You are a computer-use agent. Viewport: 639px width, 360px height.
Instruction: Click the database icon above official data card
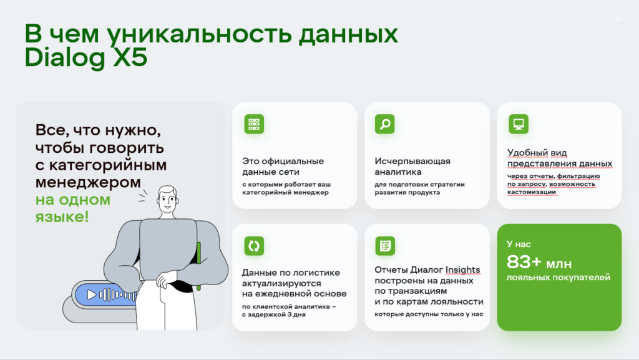coord(254,124)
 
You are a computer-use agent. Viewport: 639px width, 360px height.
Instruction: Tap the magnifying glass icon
coord(384,124)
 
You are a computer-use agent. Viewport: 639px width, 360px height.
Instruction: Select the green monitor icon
coord(519,124)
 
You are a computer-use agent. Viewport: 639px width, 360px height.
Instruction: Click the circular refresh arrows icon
coord(254,246)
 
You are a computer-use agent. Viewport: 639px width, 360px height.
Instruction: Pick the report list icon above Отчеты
coord(384,246)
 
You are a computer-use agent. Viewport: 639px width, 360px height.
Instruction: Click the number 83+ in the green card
coord(524,262)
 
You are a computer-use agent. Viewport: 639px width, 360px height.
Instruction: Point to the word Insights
coord(462,270)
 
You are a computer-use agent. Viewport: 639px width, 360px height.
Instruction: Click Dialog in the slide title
coord(65,58)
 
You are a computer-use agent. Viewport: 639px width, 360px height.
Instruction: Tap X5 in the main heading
coord(130,57)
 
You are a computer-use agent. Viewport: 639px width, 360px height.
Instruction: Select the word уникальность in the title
coord(199,34)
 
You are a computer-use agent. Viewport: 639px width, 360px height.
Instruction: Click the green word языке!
coord(62,216)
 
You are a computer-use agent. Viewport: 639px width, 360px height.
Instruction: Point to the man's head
coord(167,200)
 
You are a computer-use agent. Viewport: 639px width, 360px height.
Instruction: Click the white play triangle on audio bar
coord(92,294)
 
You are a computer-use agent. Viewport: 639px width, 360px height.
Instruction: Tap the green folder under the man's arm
coord(198,266)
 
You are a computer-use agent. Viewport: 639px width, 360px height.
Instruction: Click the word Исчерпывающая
coord(412,161)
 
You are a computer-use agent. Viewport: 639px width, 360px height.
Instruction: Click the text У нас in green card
coord(519,244)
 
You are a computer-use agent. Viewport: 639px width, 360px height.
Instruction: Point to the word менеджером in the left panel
coord(88,182)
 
